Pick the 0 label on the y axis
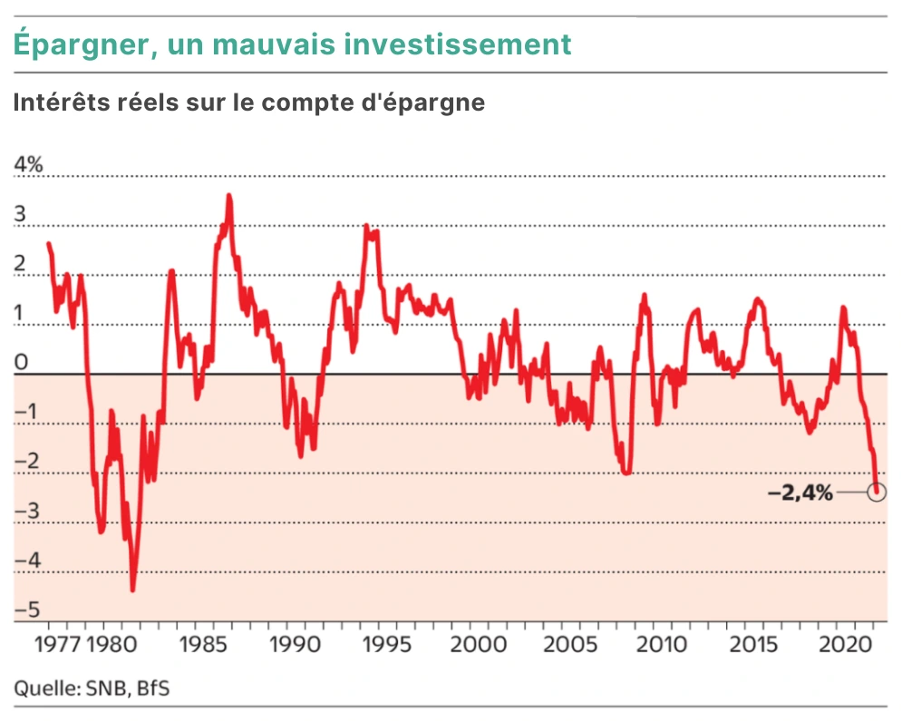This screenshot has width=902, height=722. (21, 363)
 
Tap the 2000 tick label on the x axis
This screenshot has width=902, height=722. (474, 645)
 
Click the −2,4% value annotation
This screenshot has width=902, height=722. (800, 493)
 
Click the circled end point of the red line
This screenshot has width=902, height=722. (876, 492)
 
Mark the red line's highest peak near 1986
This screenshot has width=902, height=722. (228, 195)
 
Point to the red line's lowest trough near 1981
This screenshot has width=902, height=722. (132, 590)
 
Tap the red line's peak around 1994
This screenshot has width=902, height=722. (366, 225)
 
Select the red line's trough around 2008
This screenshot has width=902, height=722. (626, 473)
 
